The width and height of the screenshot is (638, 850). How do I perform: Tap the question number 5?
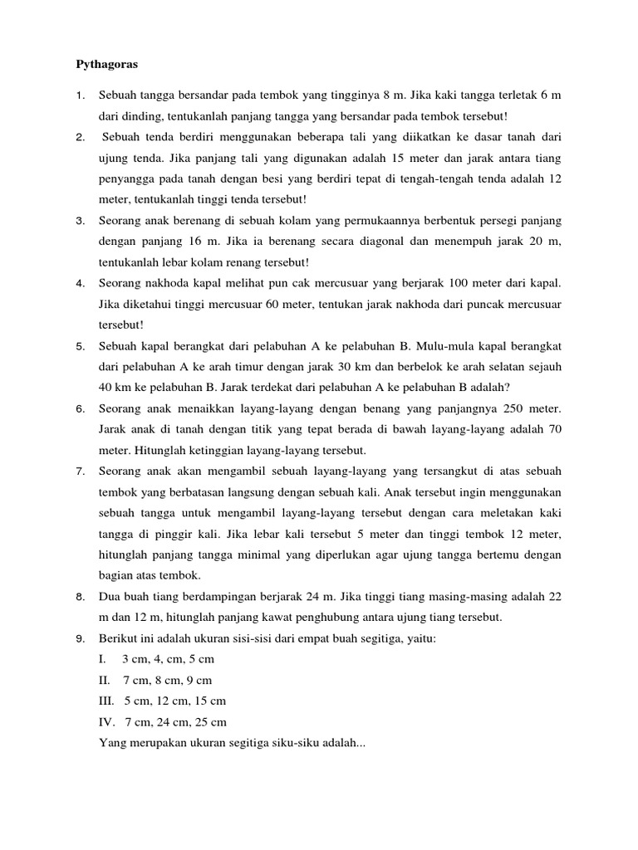[81, 345]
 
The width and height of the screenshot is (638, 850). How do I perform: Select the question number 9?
[81, 637]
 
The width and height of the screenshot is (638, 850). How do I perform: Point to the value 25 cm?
[211, 721]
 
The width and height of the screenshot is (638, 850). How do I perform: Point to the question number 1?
[81, 95]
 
